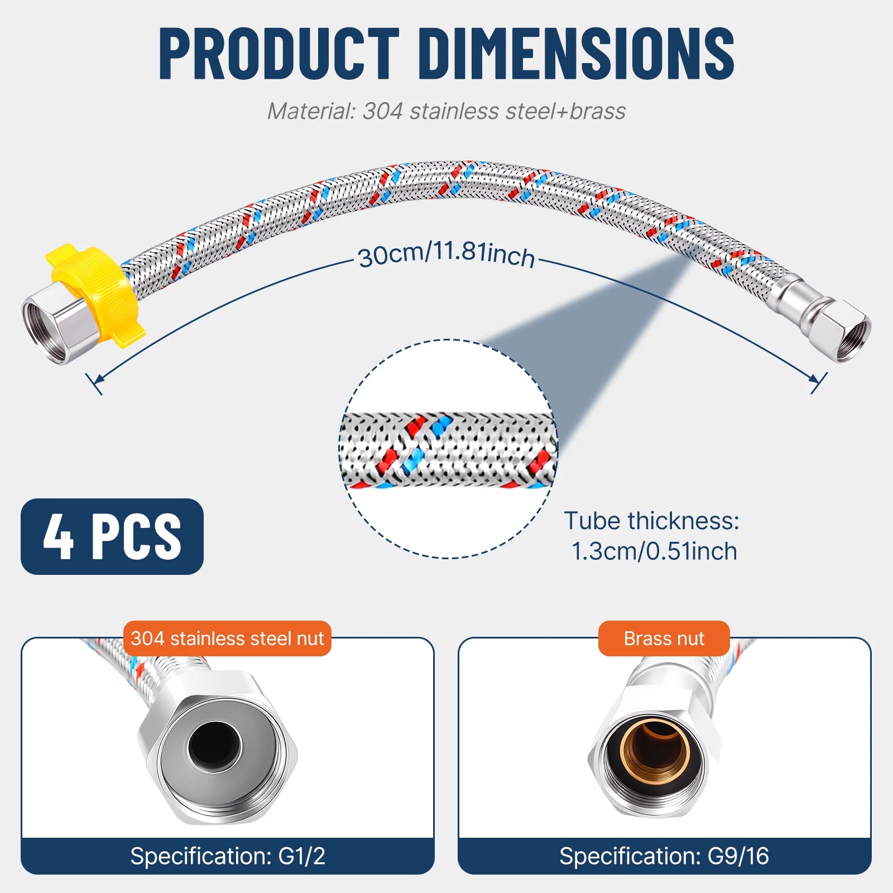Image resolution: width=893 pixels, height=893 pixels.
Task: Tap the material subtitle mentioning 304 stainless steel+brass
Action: [446, 111]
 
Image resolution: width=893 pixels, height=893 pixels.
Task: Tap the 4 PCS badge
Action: [112, 536]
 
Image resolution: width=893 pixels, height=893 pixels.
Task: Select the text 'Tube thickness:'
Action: [651, 521]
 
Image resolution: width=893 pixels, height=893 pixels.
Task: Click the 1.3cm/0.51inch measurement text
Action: [654, 551]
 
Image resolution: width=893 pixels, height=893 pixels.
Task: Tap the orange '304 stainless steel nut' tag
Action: [227, 638]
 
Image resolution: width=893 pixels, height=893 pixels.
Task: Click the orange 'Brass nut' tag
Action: [664, 638]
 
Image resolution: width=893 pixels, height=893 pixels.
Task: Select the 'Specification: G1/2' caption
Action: [228, 856]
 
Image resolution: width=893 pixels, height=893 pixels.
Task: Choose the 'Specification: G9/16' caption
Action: [664, 856]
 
